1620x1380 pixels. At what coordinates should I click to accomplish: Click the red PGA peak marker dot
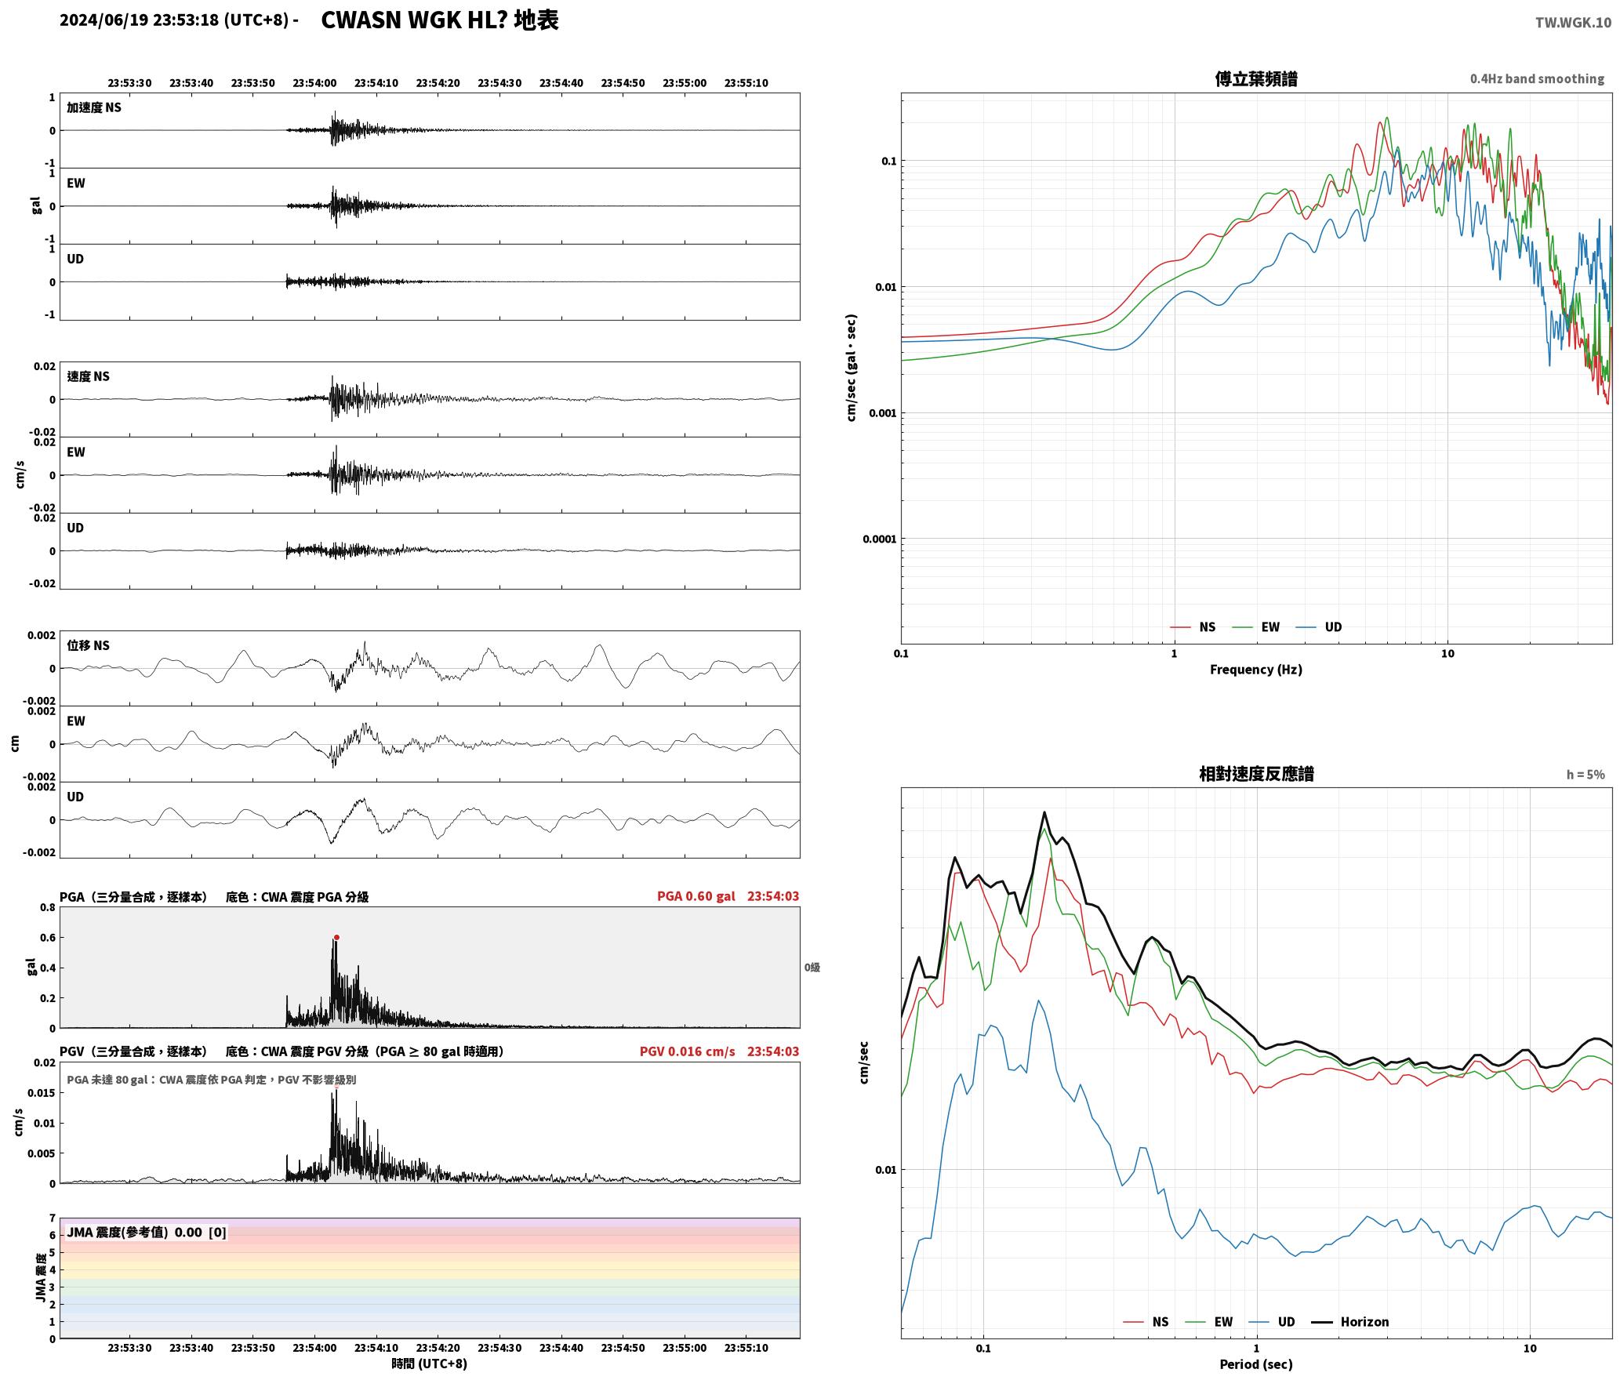(336, 937)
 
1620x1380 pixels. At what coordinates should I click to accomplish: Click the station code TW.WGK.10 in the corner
(1573, 23)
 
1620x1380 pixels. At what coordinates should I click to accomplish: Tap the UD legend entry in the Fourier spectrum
(1319, 627)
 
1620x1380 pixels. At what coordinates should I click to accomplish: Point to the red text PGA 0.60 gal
(696, 896)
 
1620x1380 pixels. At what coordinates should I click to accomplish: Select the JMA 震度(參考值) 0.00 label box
(147, 1232)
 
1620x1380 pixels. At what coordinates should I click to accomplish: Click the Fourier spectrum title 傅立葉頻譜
(1256, 78)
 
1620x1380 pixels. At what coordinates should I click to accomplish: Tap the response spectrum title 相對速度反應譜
(1256, 774)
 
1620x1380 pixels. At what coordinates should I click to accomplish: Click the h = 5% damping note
(1585, 775)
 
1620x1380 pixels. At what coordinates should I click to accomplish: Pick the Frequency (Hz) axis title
(1256, 670)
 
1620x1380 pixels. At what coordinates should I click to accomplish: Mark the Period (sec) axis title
(1256, 1364)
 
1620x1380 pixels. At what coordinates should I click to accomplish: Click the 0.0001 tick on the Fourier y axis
(879, 539)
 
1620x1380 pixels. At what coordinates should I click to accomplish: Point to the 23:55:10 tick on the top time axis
(746, 83)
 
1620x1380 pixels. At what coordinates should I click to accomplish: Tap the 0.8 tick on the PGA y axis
(47, 908)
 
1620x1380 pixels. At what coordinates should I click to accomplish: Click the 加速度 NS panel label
(94, 107)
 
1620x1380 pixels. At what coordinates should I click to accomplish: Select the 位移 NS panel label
(88, 645)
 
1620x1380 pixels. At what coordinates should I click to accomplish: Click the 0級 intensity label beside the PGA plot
(812, 968)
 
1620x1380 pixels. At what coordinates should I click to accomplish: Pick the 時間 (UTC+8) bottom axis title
(430, 1364)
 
